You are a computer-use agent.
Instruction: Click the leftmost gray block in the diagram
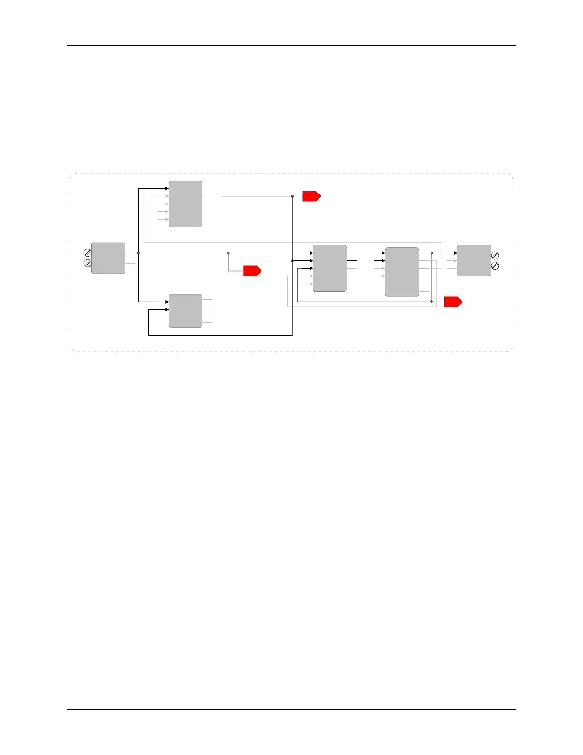coord(108,258)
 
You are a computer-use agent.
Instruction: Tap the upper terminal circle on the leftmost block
coord(88,253)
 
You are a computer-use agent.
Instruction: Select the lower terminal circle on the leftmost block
coord(88,263)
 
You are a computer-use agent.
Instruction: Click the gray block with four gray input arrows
coord(186,204)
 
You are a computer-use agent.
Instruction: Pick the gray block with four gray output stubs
coord(186,311)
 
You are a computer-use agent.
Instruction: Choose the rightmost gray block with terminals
coord(474,261)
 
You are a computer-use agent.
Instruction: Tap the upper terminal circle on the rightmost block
coord(495,255)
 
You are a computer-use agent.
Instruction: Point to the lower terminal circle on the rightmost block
coord(495,266)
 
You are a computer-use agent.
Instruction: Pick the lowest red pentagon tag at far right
coord(453,302)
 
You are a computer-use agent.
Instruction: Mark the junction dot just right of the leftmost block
coord(138,253)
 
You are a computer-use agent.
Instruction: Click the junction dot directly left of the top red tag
coord(292,196)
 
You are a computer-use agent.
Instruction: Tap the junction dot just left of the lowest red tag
coord(432,301)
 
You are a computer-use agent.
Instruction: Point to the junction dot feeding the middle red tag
coord(228,253)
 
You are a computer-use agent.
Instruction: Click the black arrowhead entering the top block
coord(167,189)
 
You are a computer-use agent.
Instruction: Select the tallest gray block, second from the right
coord(402,272)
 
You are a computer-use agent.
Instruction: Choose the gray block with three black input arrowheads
coord(330,268)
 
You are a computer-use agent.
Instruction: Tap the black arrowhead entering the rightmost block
coord(455,253)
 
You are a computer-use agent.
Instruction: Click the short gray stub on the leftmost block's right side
coord(130,263)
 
